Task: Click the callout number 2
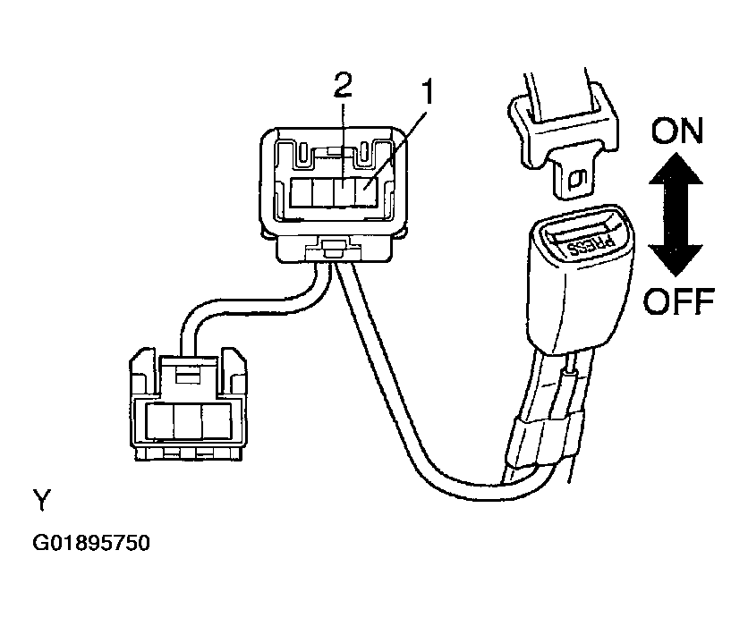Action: [342, 87]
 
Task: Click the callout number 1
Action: [428, 92]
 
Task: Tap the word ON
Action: [677, 131]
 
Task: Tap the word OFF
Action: [679, 301]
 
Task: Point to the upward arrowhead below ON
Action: [676, 168]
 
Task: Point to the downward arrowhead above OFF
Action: [676, 260]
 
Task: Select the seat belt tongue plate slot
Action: [578, 180]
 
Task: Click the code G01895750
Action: [91, 543]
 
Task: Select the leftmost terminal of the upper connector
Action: [301, 191]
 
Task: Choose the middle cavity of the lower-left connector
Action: [188, 421]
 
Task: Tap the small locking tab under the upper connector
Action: [328, 248]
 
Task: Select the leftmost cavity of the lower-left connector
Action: [160, 421]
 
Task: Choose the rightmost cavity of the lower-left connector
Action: [217, 421]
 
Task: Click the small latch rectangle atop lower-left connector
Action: [188, 377]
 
